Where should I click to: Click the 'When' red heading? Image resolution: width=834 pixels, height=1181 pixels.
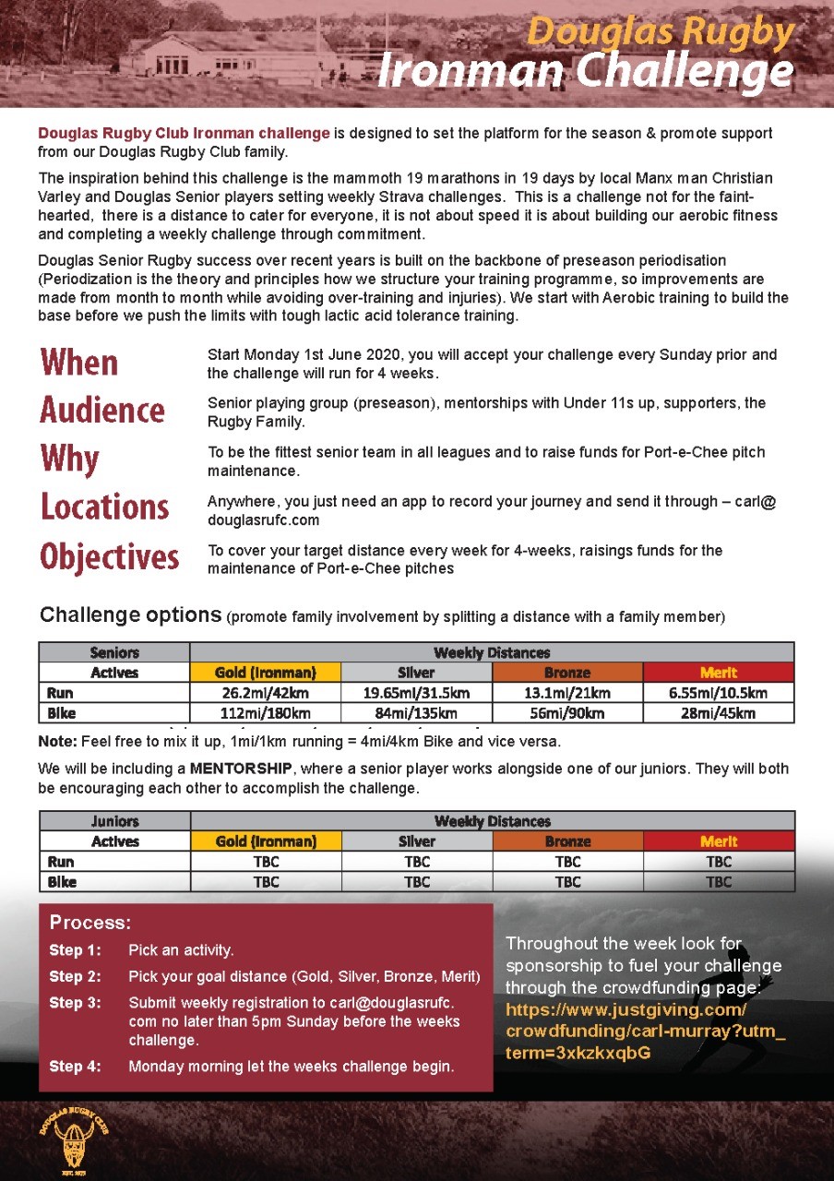(79, 363)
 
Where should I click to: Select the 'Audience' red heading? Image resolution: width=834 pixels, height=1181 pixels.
(102, 411)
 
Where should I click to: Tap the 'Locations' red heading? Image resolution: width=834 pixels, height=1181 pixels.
(105, 507)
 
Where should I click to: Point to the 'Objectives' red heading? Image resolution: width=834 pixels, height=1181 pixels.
(110, 556)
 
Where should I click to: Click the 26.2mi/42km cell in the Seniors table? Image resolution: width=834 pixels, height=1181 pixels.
(265, 693)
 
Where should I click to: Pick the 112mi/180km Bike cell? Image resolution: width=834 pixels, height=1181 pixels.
(265, 713)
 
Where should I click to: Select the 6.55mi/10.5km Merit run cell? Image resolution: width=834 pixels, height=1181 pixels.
(719, 693)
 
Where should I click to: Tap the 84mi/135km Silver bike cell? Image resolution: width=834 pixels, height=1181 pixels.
(416, 713)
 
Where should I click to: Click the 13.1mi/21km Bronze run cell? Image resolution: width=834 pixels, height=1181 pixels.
(567, 693)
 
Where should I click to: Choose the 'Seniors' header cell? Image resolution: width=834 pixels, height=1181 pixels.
(114, 652)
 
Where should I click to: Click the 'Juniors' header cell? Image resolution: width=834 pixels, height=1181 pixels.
(115, 821)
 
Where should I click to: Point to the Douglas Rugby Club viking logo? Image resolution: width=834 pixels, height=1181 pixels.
(73, 1139)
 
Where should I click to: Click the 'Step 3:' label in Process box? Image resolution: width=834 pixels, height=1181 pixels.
(75, 1003)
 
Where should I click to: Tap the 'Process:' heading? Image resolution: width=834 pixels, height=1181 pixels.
(90, 923)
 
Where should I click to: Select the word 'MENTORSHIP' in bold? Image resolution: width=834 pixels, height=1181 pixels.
(241, 769)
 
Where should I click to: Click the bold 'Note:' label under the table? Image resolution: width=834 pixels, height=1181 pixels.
(58, 742)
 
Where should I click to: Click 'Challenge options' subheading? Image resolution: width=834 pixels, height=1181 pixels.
(130, 615)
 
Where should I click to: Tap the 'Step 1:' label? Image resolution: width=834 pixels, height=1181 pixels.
(75, 950)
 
